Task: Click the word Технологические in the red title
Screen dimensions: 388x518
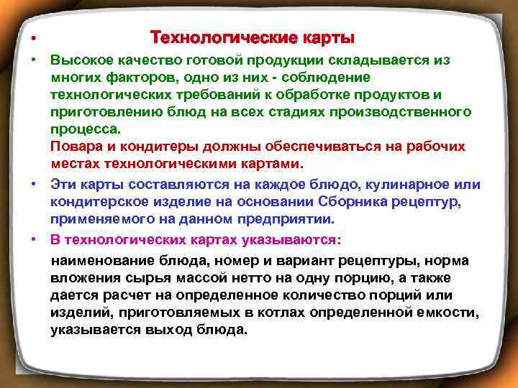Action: coord(215,37)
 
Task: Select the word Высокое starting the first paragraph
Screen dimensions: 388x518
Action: coord(79,61)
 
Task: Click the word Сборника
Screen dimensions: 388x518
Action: coord(369,202)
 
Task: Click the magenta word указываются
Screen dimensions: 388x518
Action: coord(288,239)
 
